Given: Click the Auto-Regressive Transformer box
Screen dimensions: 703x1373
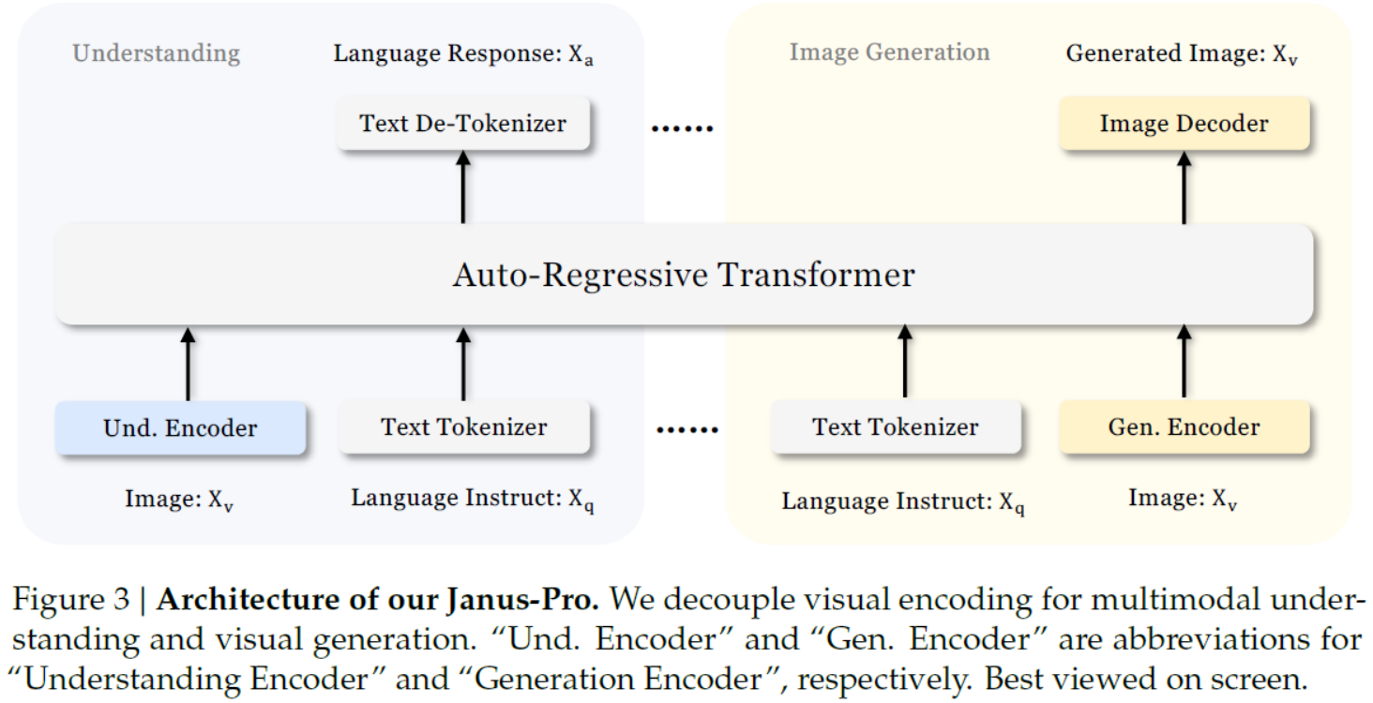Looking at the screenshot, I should pos(684,276).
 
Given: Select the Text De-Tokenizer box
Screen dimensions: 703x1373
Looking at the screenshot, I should pos(463,123).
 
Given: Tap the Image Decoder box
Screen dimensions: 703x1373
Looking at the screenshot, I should pos(1184,123).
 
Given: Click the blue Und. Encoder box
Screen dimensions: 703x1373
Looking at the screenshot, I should pos(180,428).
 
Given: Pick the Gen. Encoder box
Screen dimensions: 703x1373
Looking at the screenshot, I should pos(1184,427).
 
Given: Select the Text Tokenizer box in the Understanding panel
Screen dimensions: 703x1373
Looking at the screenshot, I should pos(463,427).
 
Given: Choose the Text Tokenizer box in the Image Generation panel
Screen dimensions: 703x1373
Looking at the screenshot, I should pos(895,427).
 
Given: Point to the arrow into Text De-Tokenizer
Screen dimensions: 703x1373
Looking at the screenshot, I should pos(463,187).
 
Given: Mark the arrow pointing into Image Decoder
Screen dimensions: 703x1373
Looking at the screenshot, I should pos(1184,187).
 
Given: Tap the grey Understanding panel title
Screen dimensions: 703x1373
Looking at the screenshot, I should pos(157,52).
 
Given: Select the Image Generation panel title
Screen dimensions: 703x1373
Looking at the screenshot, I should pos(889,52).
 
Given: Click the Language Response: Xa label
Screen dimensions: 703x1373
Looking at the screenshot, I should pos(463,54).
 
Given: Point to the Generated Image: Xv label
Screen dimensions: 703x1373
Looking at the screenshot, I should pos(1182,54).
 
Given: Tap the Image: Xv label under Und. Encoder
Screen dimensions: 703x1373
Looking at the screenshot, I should pos(179,500).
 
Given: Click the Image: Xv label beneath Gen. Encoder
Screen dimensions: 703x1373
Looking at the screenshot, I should pos(1183,500).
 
